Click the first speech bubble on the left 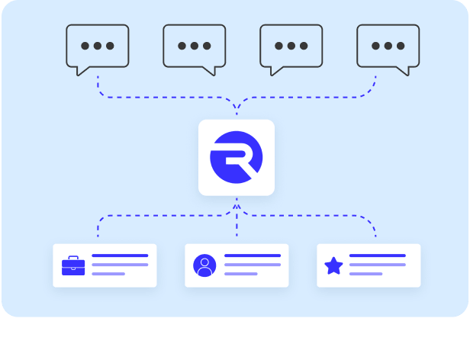coord(97,47)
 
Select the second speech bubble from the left coord(194,47)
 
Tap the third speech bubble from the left coord(291,47)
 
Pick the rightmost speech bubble coord(388,47)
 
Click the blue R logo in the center coord(237,157)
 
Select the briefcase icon coord(73,266)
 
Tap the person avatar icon coord(204,265)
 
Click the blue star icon coord(333,265)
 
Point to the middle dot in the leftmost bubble coord(97,46)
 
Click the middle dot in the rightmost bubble coord(388,46)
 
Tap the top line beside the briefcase coord(120,256)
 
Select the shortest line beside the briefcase coord(108,273)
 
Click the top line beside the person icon coord(252,256)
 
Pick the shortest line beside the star coord(365,273)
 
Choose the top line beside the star coord(377,256)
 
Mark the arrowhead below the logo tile coord(237,206)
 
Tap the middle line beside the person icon coord(252,265)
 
